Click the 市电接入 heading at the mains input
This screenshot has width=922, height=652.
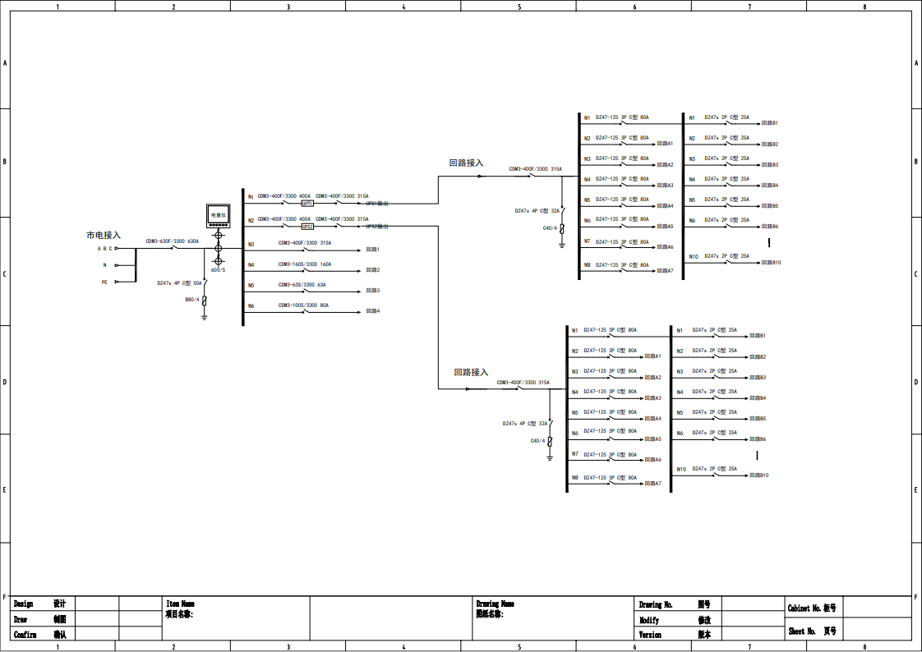click(x=104, y=235)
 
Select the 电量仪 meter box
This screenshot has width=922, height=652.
click(x=218, y=215)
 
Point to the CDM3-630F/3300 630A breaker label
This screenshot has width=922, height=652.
click(x=172, y=241)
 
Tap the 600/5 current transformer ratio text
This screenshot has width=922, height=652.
click(x=218, y=269)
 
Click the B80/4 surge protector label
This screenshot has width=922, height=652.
click(x=192, y=300)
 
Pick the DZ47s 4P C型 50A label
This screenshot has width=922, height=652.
click(x=179, y=282)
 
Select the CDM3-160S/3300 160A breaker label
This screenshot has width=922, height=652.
click(x=304, y=264)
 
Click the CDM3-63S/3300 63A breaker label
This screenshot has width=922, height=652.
click(x=302, y=285)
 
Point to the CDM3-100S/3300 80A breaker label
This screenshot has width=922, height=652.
click(x=303, y=305)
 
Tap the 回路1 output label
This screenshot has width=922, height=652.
click(x=372, y=249)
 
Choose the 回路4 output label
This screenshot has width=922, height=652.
click(x=372, y=311)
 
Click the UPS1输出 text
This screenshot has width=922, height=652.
click(x=377, y=203)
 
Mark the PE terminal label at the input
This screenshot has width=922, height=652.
click(x=104, y=282)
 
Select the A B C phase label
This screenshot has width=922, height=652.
click(x=104, y=248)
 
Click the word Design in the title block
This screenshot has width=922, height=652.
click(x=24, y=604)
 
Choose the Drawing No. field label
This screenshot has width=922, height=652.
click(x=656, y=604)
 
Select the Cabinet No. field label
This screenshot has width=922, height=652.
click(x=812, y=608)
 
